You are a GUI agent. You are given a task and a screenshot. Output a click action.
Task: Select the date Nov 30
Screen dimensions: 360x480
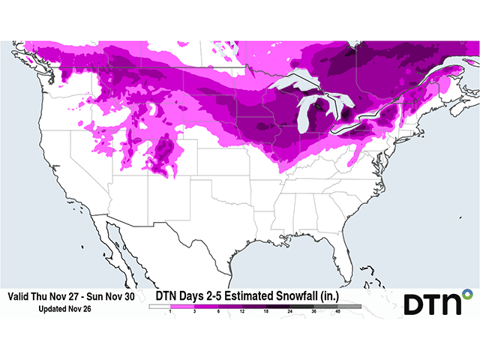coord(119,297)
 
